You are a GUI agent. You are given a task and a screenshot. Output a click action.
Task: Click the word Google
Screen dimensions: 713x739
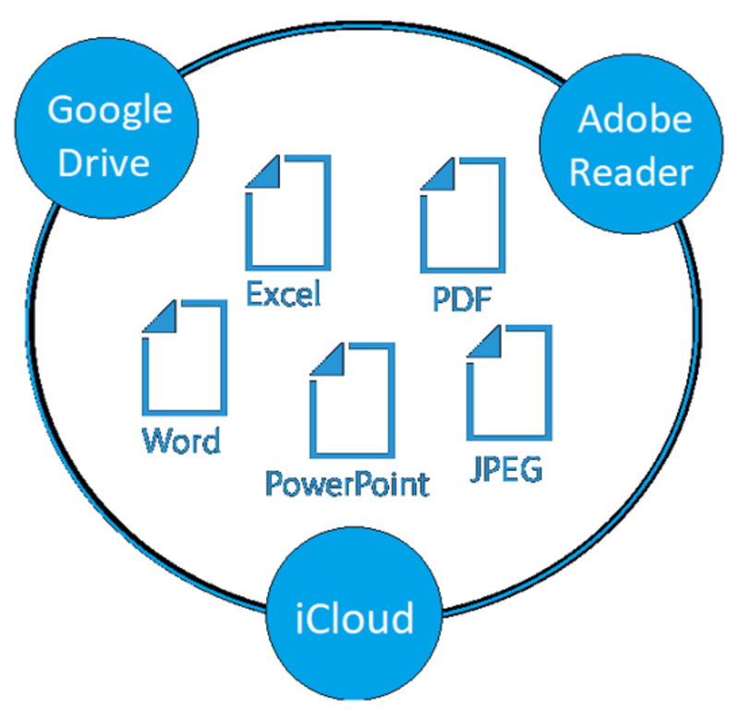pyautogui.click(x=109, y=110)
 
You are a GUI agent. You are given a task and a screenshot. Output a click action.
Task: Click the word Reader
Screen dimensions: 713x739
pyautogui.click(x=631, y=172)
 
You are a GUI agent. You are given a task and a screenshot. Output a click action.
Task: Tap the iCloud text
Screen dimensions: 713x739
pyautogui.click(x=354, y=617)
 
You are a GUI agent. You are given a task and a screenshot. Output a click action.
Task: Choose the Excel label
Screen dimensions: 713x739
pyautogui.click(x=284, y=295)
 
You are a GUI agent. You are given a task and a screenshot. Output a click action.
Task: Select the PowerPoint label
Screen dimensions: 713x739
pyautogui.click(x=347, y=482)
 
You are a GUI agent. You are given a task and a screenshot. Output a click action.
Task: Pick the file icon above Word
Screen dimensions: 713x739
pyautogui.click(x=184, y=359)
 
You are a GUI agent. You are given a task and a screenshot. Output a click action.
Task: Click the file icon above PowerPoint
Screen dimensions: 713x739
pyautogui.click(x=352, y=401)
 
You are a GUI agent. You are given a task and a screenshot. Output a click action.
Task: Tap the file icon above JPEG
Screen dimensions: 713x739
pyautogui.click(x=509, y=381)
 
